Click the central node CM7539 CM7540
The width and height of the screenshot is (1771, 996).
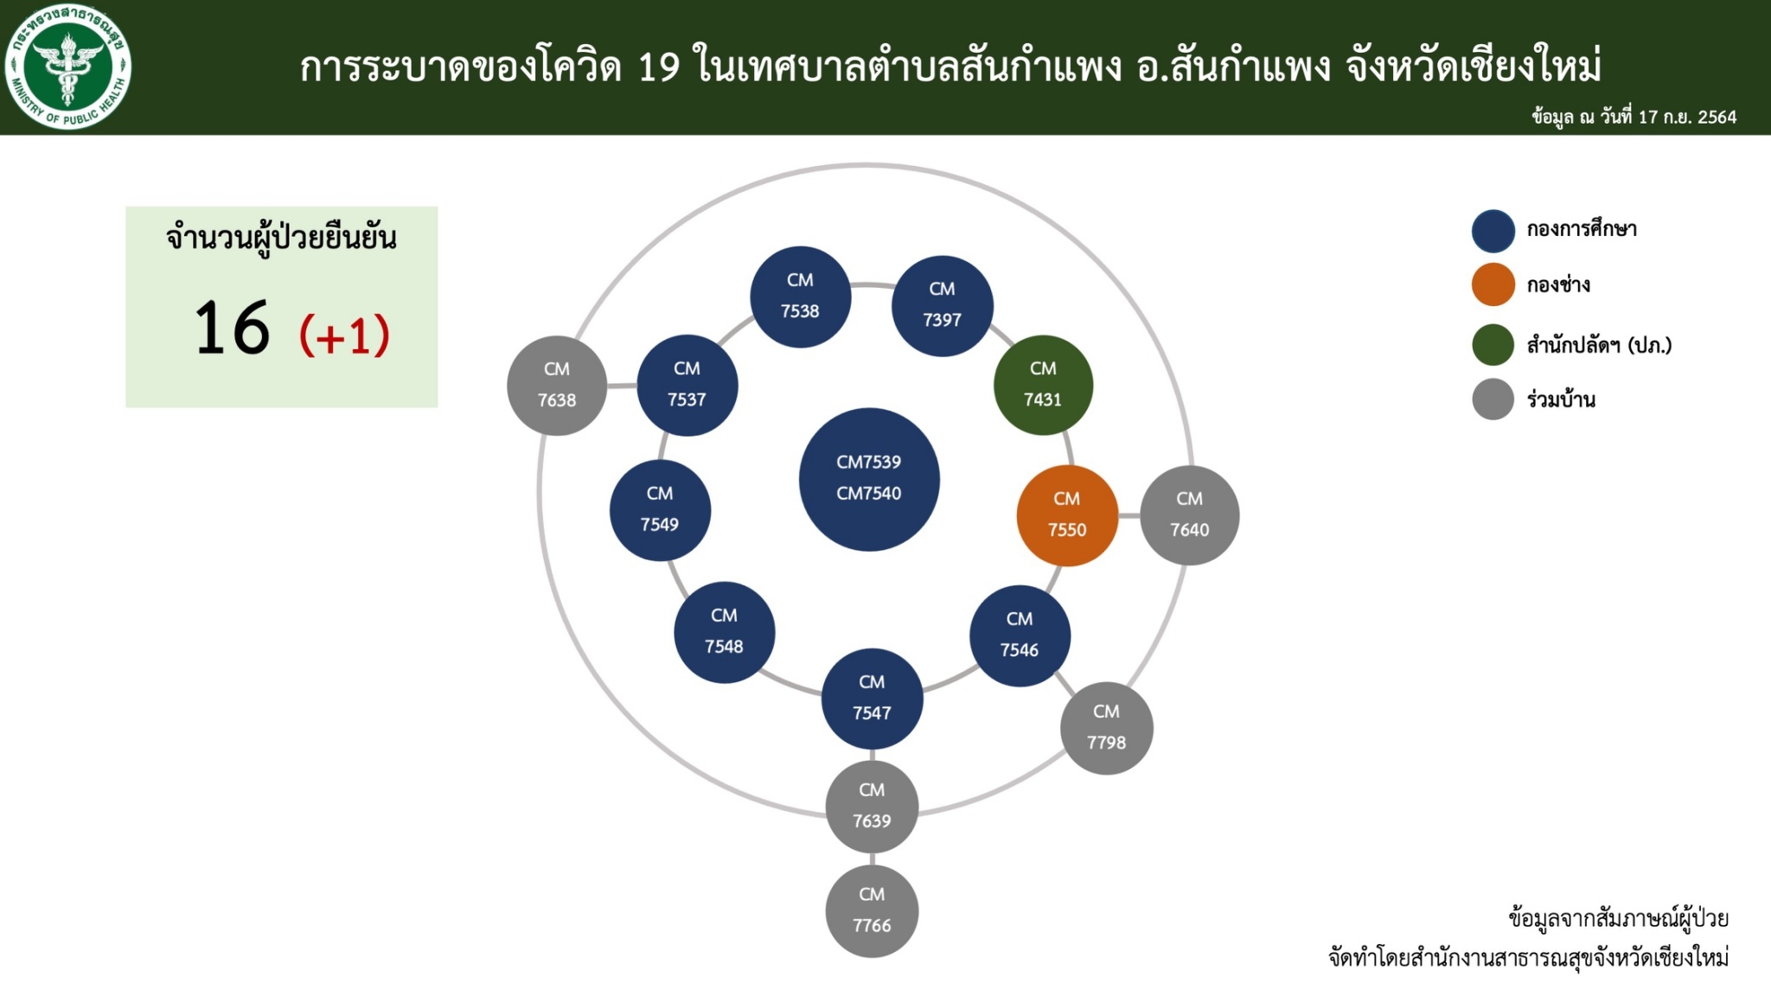tap(869, 479)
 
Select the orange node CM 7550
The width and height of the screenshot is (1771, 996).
tap(1067, 515)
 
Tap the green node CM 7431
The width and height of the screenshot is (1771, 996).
tap(1043, 385)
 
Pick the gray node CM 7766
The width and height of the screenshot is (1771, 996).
tap(872, 910)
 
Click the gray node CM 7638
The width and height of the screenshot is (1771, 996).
tap(557, 386)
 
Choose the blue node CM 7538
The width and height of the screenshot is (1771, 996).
tap(800, 297)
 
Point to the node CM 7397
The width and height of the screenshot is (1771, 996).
tap(942, 305)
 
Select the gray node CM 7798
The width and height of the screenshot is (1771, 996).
tap(1106, 728)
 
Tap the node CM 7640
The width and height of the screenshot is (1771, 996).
tap(1190, 515)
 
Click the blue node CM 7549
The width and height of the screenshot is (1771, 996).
tap(660, 510)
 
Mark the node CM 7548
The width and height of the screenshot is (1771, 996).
tap(724, 632)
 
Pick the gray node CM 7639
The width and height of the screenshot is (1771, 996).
tap(872, 807)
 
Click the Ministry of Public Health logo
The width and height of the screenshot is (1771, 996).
tap(67, 67)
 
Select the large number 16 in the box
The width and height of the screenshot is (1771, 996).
tap(232, 328)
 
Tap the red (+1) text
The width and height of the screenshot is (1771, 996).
tap(344, 335)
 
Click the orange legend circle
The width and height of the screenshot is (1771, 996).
tap(1493, 284)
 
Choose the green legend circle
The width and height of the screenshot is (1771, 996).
tap(1493, 344)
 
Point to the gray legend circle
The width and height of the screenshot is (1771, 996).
tap(1493, 399)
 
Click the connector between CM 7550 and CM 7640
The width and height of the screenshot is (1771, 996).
tap(1129, 515)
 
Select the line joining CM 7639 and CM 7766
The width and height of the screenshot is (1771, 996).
tap(872, 859)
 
